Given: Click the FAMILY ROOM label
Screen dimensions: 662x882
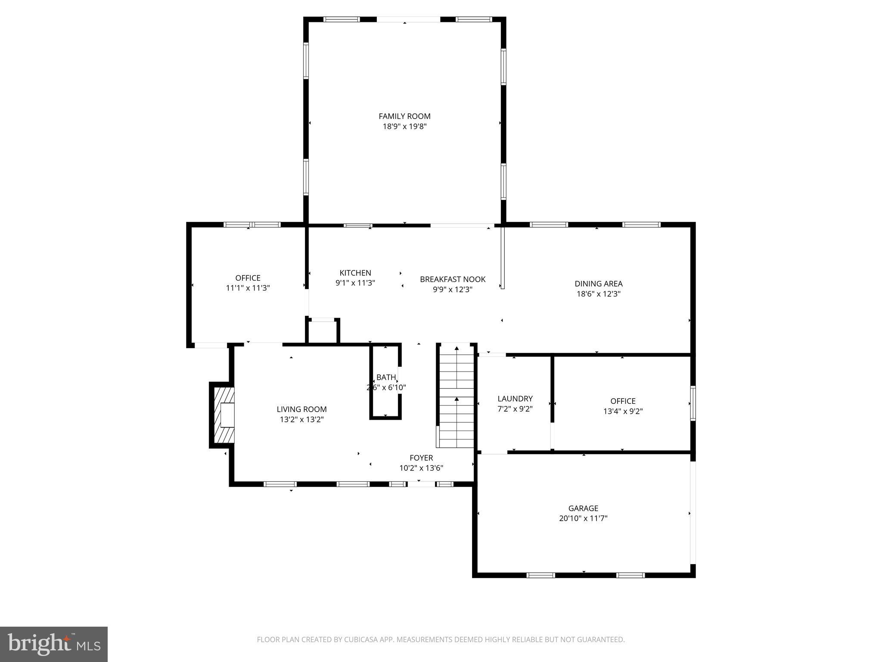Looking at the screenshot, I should [x=404, y=116].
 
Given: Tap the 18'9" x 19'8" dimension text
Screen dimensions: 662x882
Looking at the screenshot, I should [x=404, y=126].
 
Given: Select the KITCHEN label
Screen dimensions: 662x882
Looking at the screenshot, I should [x=355, y=273].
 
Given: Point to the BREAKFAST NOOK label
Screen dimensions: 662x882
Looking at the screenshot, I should [x=453, y=279].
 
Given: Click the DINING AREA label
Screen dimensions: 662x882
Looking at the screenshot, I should [x=598, y=284].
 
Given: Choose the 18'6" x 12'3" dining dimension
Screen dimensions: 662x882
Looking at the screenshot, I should [x=598, y=294].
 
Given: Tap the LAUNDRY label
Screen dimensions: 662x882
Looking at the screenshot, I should [x=515, y=399].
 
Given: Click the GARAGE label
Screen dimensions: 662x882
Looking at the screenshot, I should [x=583, y=508].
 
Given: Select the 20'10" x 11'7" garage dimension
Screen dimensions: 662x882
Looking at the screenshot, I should [x=583, y=518].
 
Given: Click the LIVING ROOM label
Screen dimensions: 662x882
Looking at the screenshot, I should [x=301, y=409].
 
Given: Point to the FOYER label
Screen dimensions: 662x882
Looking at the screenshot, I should [x=421, y=458].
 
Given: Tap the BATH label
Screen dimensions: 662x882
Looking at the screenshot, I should [x=385, y=378].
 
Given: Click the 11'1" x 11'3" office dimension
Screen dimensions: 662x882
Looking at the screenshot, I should [x=248, y=288].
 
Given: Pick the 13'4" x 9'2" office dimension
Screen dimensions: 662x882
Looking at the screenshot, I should [x=623, y=411].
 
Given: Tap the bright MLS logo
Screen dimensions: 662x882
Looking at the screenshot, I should [x=54, y=644].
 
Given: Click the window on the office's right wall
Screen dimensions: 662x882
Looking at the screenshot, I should [x=693, y=403].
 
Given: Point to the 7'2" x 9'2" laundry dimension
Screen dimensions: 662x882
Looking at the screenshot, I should [x=515, y=409].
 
